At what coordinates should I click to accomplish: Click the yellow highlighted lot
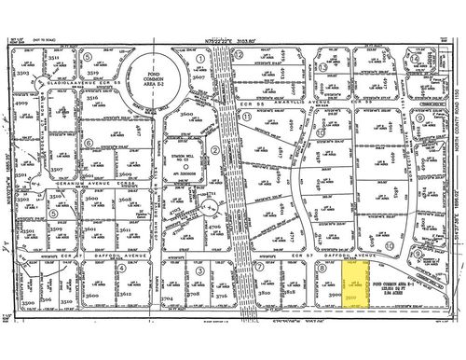point(352,293)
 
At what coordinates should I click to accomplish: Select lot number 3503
point(25,72)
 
